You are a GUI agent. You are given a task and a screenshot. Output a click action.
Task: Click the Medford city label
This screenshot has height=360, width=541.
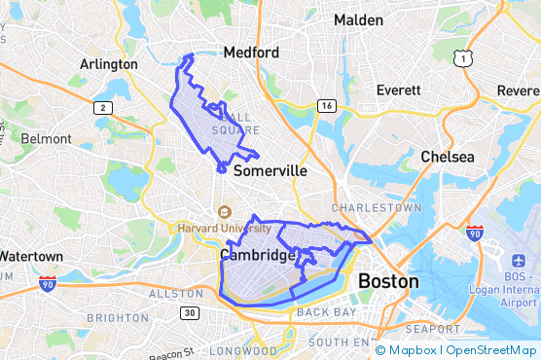tap(251, 53)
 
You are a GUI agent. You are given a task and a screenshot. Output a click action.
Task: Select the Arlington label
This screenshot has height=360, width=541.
tap(109, 64)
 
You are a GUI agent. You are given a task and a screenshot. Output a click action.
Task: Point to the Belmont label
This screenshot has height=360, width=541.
tap(46, 139)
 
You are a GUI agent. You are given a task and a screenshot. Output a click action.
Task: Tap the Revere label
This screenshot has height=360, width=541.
tap(519, 90)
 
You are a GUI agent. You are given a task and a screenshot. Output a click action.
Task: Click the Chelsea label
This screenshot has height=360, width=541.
tap(448, 157)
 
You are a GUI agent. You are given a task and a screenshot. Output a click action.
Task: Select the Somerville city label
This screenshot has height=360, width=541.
tap(270, 170)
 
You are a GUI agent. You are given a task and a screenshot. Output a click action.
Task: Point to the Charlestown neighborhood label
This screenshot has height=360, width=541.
tap(377, 208)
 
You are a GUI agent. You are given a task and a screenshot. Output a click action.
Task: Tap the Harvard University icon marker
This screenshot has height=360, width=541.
tap(226, 212)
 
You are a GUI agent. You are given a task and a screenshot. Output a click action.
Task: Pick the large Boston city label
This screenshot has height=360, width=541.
tap(388, 281)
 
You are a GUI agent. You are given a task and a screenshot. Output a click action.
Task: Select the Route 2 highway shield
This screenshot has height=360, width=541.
tap(102, 108)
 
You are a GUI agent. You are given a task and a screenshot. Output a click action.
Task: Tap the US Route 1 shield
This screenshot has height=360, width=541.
tap(466, 60)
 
